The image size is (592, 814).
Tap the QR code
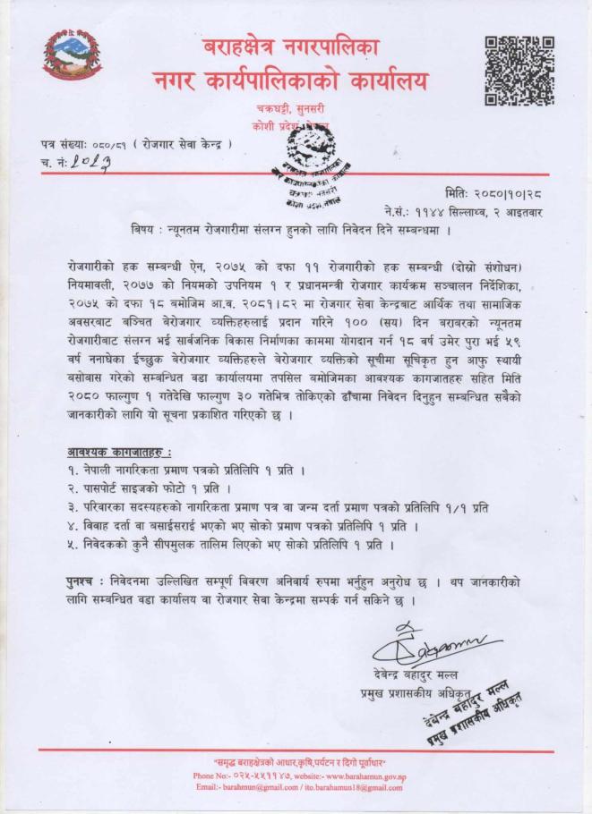pos(519,71)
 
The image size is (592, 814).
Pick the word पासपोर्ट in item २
pos(111,489)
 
